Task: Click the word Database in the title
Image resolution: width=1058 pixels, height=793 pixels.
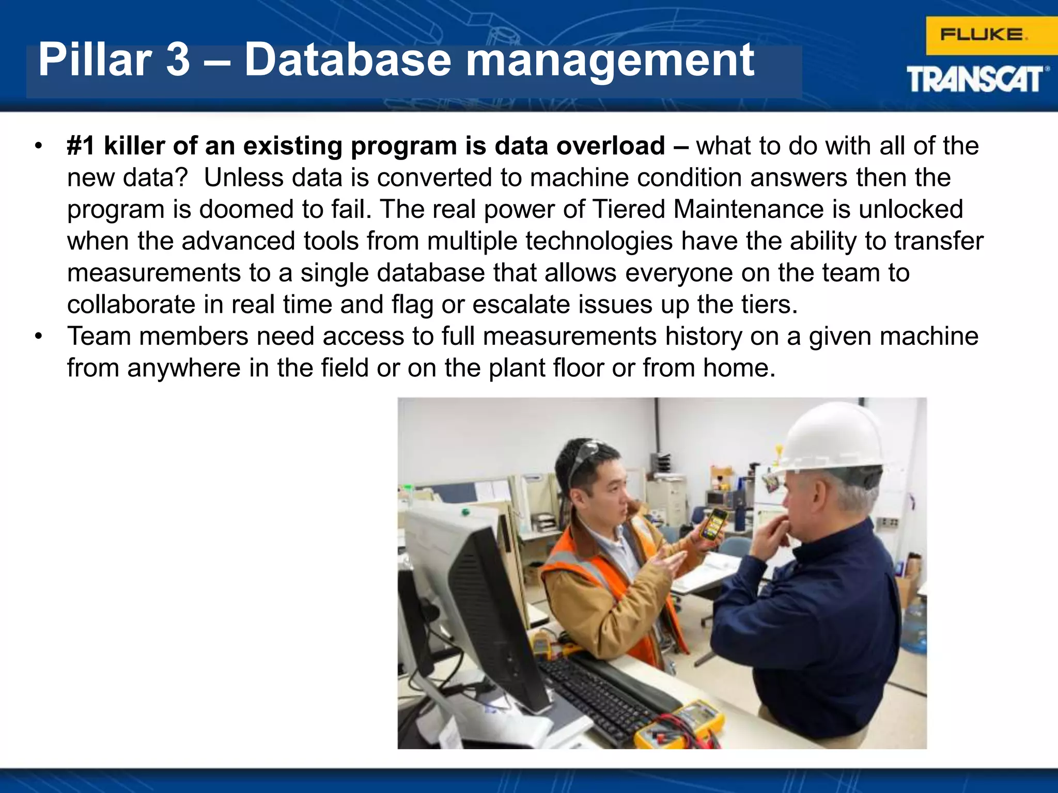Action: [x=348, y=60]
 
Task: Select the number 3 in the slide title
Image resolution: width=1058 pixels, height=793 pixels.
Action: [x=178, y=60]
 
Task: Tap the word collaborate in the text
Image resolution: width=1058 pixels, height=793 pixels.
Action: [x=131, y=305]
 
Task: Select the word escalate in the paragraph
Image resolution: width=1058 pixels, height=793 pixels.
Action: [x=521, y=305]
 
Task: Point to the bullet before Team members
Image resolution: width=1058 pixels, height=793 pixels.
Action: [x=38, y=337]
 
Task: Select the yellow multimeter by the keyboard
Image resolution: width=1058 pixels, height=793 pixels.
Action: [x=682, y=723]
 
